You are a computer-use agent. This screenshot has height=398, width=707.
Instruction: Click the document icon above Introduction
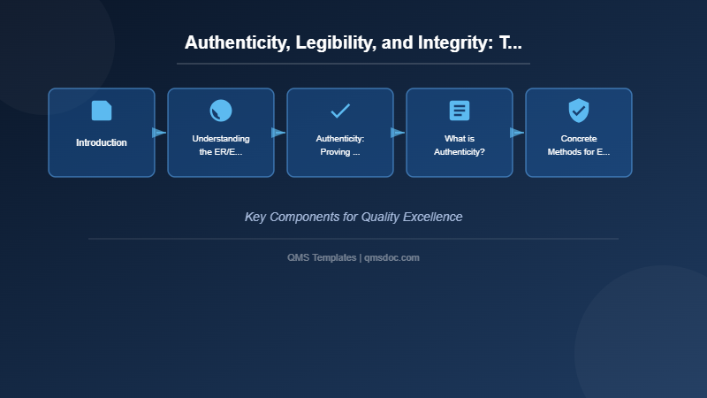(102, 111)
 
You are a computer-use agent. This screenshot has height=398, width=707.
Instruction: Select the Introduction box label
(102, 142)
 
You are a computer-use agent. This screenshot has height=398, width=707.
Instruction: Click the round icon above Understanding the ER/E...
(221, 111)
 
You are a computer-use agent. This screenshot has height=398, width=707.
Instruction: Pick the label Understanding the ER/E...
(221, 145)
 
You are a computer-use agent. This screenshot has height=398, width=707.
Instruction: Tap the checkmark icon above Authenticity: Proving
(340, 111)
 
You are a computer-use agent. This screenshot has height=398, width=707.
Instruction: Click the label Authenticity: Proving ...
(340, 145)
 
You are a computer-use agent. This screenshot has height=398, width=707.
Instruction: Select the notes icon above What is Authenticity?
(460, 111)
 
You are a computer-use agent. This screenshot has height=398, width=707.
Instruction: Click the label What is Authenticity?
(460, 145)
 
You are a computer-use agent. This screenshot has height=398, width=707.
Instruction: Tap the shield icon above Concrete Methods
(579, 111)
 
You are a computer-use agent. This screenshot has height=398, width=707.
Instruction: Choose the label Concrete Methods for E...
(579, 145)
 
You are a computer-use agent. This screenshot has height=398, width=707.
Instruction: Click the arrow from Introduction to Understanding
(160, 133)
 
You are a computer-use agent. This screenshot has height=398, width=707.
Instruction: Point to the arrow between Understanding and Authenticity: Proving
(279, 133)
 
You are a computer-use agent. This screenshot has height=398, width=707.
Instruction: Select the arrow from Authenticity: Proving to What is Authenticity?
(399, 133)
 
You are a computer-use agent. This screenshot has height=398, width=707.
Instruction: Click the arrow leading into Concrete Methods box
(518, 133)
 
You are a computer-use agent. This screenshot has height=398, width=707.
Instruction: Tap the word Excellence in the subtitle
(433, 217)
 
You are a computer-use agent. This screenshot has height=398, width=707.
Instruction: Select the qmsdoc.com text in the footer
(392, 257)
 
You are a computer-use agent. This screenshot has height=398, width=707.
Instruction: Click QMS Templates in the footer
(322, 257)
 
